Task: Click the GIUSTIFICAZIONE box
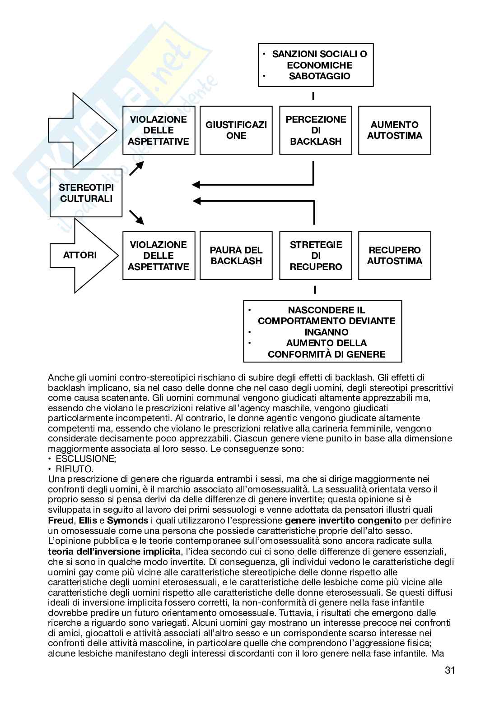[236, 130]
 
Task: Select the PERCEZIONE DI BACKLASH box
[316, 130]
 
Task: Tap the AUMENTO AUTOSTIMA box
[395, 130]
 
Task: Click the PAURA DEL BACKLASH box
[236, 256]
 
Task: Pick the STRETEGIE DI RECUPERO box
[316, 256]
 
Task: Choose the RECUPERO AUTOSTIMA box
[395, 256]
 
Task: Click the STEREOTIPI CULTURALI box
[86, 193]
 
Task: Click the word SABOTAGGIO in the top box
[319, 76]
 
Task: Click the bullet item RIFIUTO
[75, 469]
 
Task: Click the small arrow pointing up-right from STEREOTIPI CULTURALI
[136, 169]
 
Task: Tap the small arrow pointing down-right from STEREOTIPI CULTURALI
[136, 217]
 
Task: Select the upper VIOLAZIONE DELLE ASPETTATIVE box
[159, 130]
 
